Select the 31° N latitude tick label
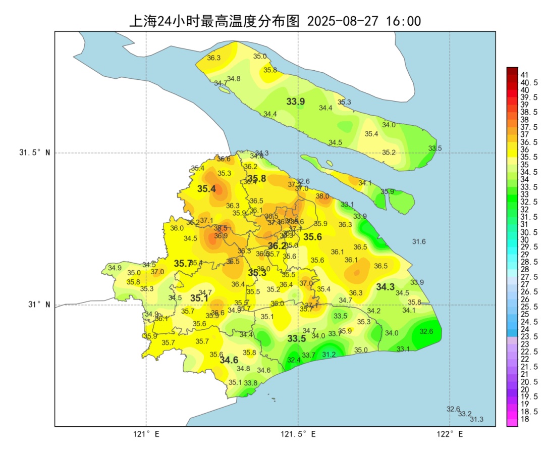click(38, 305)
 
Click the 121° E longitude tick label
click(146, 434)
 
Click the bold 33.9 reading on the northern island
click(296, 102)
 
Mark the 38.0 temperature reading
click(322, 196)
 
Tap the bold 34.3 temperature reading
click(386, 287)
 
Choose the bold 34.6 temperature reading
click(229, 360)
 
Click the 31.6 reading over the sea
click(419, 242)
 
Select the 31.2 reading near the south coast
click(329, 355)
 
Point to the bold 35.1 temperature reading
click(199, 298)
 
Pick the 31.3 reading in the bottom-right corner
click(476, 419)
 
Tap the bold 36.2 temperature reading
click(277, 246)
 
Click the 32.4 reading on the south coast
click(294, 360)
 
